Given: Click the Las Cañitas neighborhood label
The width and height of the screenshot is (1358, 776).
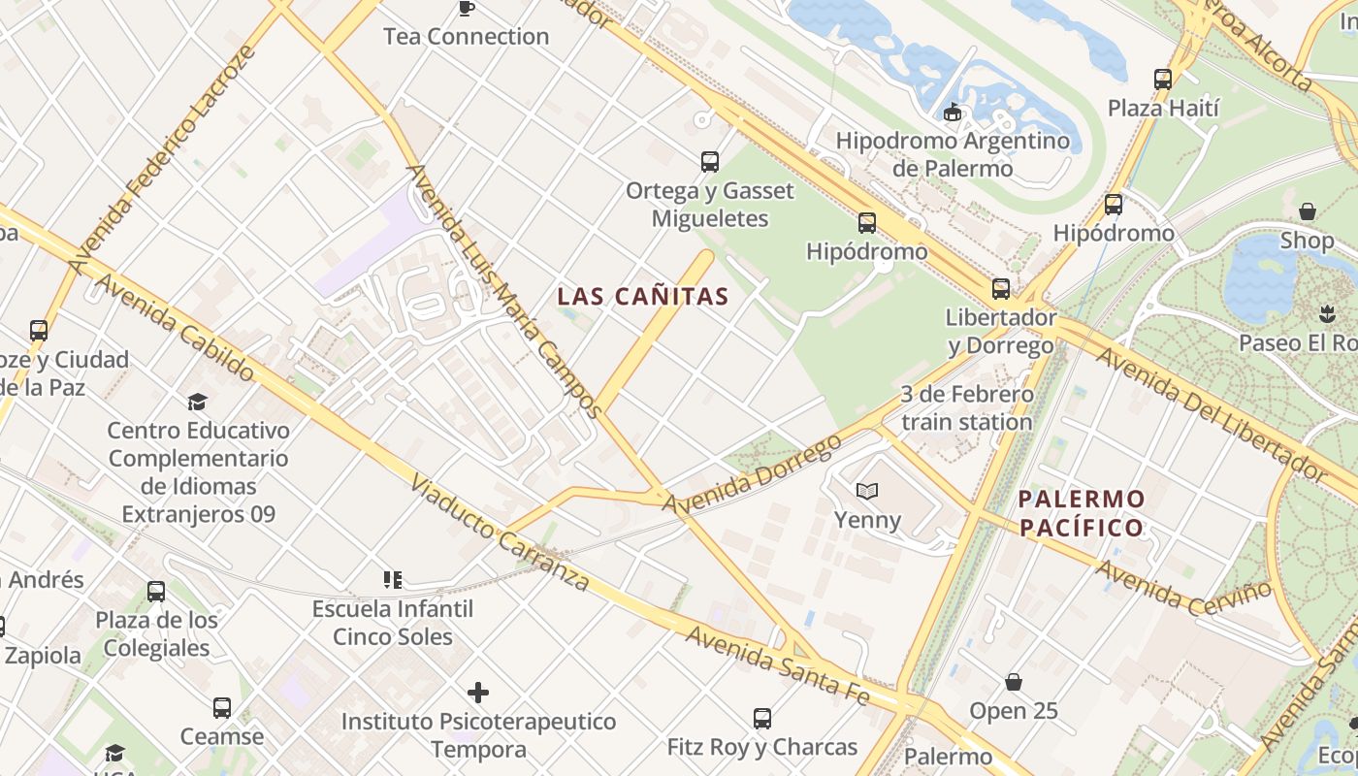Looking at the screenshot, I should click(643, 297).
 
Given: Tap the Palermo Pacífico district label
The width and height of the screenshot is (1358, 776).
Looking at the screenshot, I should click(1082, 514).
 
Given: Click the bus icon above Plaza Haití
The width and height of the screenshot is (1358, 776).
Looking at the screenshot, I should click(1163, 80).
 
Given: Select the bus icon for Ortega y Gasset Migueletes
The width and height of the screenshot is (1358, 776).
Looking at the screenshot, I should click(710, 161).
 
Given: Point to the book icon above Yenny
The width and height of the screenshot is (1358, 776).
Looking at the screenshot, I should click(866, 492).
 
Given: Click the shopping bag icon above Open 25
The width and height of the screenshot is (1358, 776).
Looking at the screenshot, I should click(1014, 682).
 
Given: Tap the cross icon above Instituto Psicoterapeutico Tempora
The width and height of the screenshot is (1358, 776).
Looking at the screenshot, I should click(478, 693).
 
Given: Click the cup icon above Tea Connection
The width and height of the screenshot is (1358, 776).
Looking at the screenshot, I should click(466, 9).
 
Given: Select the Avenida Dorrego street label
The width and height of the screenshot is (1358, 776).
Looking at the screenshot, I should click(752, 474).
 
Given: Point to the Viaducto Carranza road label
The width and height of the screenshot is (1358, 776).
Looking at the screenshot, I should click(500, 533).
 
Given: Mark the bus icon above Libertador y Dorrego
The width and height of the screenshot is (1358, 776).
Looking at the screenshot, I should click(1000, 289).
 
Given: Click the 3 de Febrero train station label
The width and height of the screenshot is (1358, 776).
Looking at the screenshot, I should click(966, 408).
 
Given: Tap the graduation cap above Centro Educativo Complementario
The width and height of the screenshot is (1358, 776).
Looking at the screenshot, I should click(198, 402).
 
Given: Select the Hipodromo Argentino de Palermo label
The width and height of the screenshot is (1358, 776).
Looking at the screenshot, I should click(953, 154).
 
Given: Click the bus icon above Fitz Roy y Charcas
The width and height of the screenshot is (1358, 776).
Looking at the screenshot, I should click(762, 719).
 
